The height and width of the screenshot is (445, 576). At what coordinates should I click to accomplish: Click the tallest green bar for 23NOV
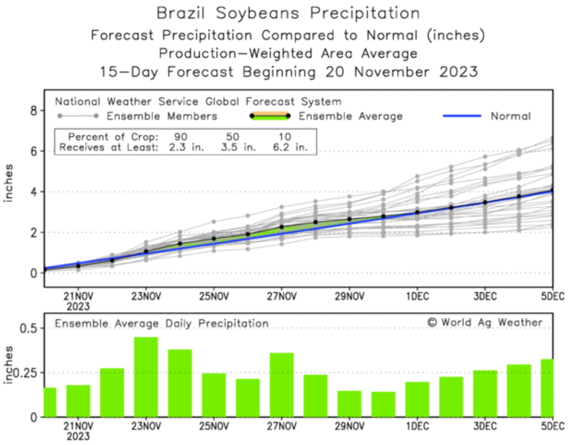tap(146, 377)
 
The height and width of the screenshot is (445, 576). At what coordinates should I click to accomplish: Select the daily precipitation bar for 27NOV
tap(282, 385)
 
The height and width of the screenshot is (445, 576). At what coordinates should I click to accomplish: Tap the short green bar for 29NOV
tap(349, 404)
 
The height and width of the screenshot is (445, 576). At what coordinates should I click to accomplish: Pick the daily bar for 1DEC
tap(417, 399)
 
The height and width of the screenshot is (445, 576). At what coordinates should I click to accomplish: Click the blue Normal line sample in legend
tap(462, 116)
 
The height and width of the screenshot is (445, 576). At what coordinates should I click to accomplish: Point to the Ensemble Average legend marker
tap(270, 116)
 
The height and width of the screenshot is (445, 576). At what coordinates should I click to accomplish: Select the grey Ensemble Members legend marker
tap(78, 116)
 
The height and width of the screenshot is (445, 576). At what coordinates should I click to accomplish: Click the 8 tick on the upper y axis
tap(34, 111)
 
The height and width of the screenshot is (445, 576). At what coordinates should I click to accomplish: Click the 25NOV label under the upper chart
tap(214, 296)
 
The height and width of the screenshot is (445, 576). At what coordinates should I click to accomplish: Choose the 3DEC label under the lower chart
tap(485, 426)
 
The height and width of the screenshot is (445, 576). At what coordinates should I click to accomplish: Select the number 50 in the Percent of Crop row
tap(233, 137)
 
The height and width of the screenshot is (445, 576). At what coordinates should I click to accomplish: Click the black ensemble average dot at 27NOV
tap(282, 227)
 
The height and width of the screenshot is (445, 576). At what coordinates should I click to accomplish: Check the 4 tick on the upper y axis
tap(34, 192)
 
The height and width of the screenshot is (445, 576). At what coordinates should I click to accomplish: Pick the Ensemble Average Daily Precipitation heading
tap(162, 323)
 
